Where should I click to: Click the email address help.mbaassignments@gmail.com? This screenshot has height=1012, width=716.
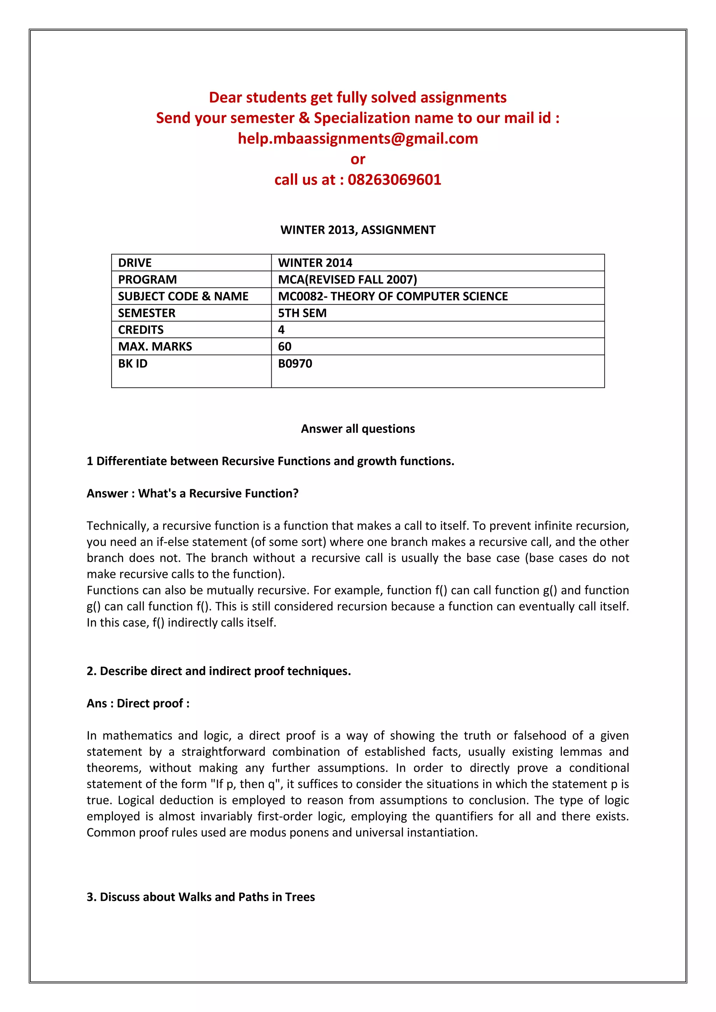358,138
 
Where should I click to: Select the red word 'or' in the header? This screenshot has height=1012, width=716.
358,159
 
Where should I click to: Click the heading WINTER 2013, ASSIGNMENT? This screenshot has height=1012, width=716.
358,230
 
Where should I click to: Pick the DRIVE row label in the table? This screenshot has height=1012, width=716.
135,263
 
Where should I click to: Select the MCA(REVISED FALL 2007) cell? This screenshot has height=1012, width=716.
348,280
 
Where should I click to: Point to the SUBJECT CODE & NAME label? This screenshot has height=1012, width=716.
183,296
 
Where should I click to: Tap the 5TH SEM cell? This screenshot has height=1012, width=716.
302,313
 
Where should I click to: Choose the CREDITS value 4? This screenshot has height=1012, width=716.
281,330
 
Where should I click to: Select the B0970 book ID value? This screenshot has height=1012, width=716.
295,364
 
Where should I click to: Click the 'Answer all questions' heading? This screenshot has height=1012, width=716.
358,429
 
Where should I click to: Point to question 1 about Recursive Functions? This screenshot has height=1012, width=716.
270,461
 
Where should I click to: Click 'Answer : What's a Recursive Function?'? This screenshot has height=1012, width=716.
192,493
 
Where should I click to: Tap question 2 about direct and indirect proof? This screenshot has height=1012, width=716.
219,671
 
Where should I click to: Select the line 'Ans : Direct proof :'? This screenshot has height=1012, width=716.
138,703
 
